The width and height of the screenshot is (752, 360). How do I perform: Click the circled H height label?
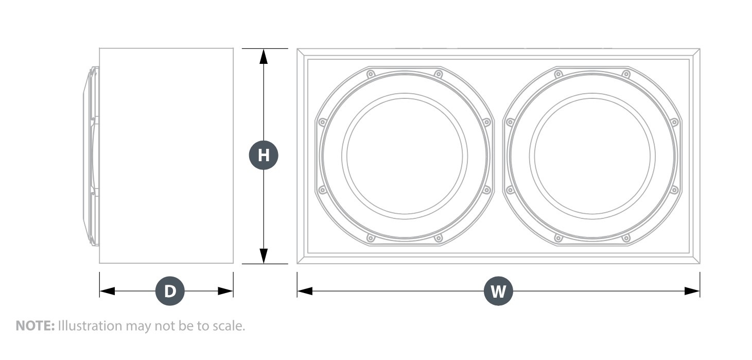tap(264, 155)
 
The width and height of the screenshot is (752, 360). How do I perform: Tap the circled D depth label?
tap(170, 291)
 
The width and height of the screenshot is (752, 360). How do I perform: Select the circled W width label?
tap(498, 291)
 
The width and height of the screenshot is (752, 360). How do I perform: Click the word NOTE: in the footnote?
tap(35, 325)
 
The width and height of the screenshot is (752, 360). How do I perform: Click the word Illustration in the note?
tap(90, 325)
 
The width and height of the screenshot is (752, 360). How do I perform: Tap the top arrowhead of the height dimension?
tap(264, 57)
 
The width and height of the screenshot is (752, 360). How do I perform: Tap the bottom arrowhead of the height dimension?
tap(264, 256)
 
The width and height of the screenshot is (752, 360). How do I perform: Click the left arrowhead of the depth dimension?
tap(107, 291)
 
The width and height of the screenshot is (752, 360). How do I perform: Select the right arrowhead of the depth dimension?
tap(225, 291)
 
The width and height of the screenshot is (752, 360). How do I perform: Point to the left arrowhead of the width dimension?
tap(305, 291)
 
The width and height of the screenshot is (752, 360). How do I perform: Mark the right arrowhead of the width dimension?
tap(692, 291)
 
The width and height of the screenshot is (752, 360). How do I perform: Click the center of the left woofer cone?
tap(405, 156)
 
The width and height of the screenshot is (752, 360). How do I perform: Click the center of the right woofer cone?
tap(592, 156)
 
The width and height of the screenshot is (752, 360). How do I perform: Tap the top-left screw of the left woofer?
tap(371, 74)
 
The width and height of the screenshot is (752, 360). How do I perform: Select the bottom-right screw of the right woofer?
tap(626, 238)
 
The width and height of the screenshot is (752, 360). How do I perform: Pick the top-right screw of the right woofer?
tap(626, 74)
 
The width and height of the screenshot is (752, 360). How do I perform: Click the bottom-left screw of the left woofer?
tap(371, 238)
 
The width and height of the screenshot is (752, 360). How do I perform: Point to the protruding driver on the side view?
tap(91, 156)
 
